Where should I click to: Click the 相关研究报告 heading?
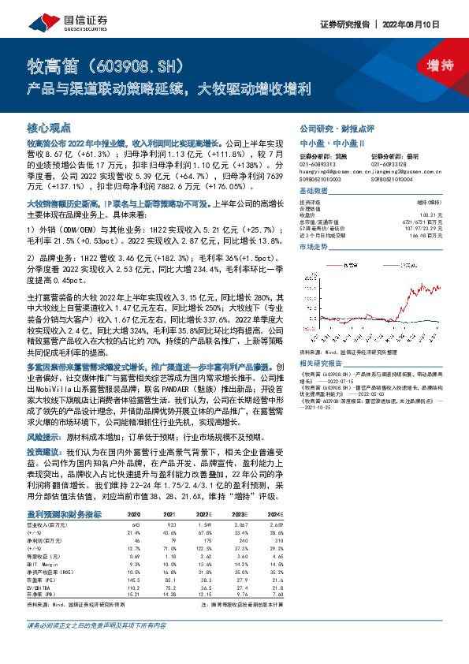(x=320, y=319)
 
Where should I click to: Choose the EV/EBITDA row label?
(x=39, y=543)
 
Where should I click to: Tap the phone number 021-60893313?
(x=319, y=163)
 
